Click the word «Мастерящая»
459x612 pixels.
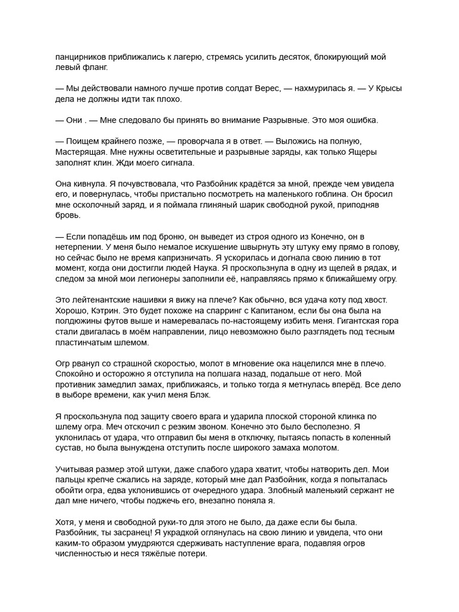(84, 152)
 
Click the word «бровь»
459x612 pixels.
(68, 214)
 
